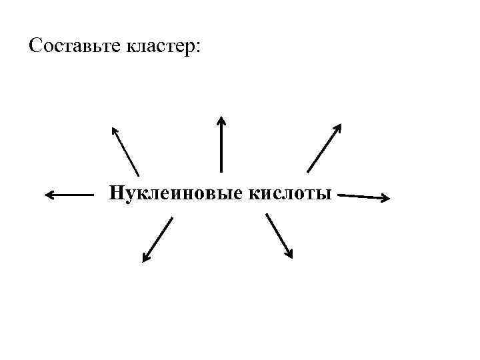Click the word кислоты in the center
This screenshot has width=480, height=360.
[290, 194]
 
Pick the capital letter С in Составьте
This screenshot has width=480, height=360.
[36, 47]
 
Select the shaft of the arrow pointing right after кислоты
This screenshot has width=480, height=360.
[360, 196]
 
